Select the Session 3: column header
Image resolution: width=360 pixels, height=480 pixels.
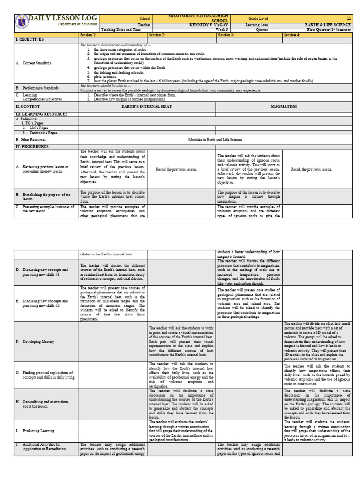226,35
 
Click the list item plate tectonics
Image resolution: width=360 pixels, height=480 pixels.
105,77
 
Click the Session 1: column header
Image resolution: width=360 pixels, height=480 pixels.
88,35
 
